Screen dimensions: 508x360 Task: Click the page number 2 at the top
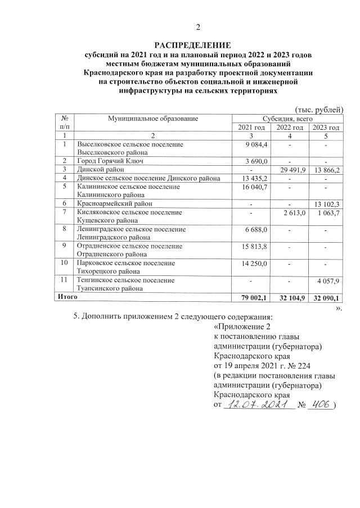[197, 28]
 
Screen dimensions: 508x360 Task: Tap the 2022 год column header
[289, 128]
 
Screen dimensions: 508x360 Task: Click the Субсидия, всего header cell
[289, 119]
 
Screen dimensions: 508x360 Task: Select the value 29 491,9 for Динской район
[289, 169]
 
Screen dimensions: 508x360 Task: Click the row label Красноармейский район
[115, 203]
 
